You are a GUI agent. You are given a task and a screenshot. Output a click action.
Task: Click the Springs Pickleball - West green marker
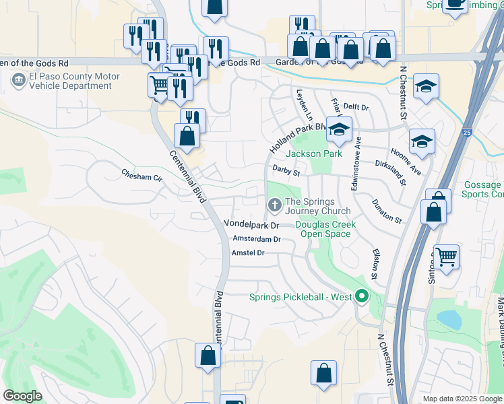[363, 296]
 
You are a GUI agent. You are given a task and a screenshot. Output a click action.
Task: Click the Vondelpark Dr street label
[251, 224]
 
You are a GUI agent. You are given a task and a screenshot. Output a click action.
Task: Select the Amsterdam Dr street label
[256, 239]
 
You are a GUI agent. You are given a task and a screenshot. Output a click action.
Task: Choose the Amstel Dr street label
[248, 252]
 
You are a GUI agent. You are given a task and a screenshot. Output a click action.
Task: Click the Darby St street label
[286, 171]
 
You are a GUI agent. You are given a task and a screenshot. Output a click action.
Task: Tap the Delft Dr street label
[356, 107]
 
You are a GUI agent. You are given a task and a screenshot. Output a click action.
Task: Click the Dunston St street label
[387, 211]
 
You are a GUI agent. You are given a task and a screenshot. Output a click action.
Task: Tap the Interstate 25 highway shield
[468, 133]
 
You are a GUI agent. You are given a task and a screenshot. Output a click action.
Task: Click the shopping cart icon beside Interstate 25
[446, 257]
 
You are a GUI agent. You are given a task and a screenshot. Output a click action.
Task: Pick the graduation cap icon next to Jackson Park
[340, 129]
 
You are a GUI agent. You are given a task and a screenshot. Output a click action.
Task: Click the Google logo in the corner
[23, 396]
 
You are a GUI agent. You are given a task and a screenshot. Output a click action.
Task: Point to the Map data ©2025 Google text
[462, 399]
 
